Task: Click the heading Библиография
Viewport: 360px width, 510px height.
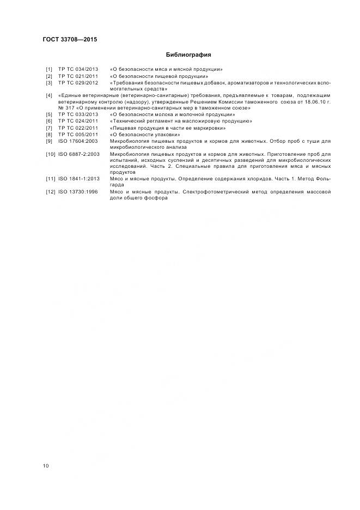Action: (x=188, y=55)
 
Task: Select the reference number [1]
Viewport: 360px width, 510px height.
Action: (x=49, y=70)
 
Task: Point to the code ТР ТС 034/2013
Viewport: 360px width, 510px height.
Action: (x=78, y=70)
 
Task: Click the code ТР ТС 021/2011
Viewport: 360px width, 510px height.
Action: (x=78, y=76)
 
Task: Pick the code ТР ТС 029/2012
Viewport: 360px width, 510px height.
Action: (x=78, y=83)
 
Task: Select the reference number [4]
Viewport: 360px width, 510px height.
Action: (x=49, y=95)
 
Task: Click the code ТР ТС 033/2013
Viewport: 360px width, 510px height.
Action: (x=78, y=114)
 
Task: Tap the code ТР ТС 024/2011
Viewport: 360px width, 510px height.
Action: (x=78, y=121)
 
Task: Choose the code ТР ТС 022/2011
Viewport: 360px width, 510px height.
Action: (x=78, y=127)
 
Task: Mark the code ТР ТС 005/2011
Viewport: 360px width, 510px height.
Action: (x=78, y=134)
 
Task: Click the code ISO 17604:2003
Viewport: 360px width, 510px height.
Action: (x=78, y=141)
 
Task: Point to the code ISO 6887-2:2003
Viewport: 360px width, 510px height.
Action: (x=80, y=154)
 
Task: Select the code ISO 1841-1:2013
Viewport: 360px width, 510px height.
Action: (x=80, y=179)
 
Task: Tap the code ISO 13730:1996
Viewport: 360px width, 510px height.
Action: (x=80, y=192)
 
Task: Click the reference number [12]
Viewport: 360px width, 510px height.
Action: (x=50, y=192)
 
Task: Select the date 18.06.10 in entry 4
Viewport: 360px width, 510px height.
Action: (x=318, y=102)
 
